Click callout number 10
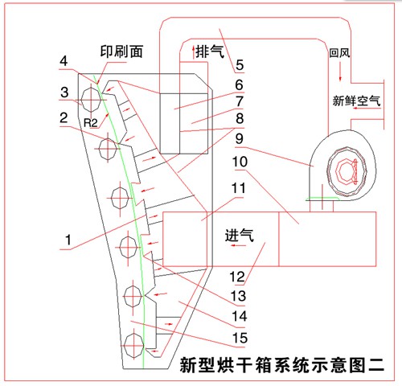tap(240, 161)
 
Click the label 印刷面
tap(121, 51)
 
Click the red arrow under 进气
tap(239, 247)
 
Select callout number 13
tap(239, 295)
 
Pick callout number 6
tap(239, 83)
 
